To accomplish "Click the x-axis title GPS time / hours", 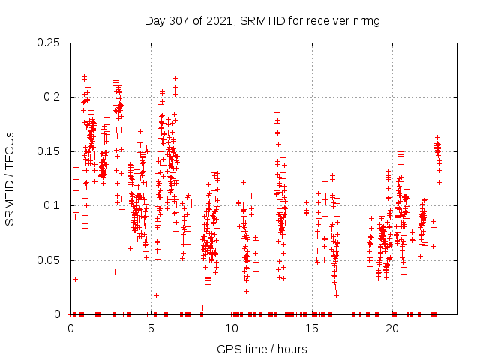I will pyautogui.click(x=262, y=349).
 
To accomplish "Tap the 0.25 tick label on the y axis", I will pyautogui.click(x=49, y=43).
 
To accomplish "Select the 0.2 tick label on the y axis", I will pyautogui.click(x=52, y=97).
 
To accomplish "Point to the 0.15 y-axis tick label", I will pyautogui.click(x=49, y=151).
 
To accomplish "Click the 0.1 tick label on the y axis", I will pyautogui.click(x=52, y=205).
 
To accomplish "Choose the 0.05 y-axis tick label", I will pyautogui.click(x=49, y=260).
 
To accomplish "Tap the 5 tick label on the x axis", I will pyautogui.click(x=151, y=328).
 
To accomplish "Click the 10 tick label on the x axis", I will pyautogui.click(x=232, y=328).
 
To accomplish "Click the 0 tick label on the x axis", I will pyautogui.click(x=70, y=328).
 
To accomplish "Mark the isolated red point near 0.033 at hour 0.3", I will pyautogui.click(x=75, y=279).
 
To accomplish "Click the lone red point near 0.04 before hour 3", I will pyautogui.click(x=115, y=271).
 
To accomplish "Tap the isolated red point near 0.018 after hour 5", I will pyautogui.click(x=156, y=295).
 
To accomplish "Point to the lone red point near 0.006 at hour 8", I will pyautogui.click(x=202, y=307).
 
